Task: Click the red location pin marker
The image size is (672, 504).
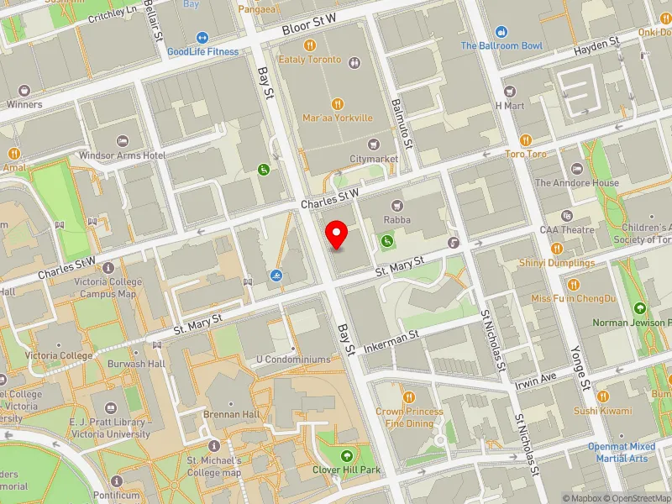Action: pos(337,234)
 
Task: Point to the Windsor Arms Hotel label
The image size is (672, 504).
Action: pos(122,155)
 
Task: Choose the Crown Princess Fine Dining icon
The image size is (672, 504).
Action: pos(408,396)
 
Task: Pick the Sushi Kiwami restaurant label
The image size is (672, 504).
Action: pos(602,411)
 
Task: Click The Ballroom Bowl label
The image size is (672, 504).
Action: pos(501,45)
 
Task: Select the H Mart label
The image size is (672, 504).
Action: pos(509,106)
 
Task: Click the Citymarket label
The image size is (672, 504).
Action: pos(374,158)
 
